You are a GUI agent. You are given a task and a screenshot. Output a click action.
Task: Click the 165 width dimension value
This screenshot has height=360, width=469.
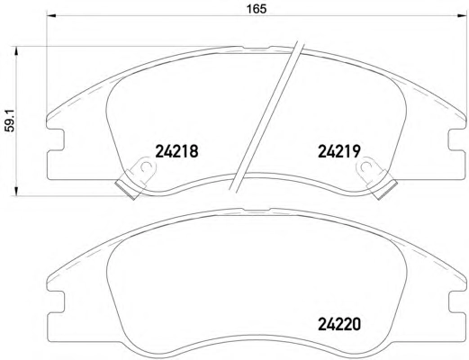[257, 9]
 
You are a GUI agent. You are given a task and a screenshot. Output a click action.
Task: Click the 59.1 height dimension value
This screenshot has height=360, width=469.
[11, 121]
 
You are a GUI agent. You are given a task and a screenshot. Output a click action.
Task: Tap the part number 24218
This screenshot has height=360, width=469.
[176, 151]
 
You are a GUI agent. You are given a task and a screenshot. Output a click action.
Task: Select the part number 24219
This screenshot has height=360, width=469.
[338, 151]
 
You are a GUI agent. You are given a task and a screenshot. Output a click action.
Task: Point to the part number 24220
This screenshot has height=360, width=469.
[339, 324]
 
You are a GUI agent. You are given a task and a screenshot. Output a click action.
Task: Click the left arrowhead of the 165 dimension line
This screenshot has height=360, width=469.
[52, 15]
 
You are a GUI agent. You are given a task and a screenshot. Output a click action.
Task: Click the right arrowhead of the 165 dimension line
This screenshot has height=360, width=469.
[462, 15]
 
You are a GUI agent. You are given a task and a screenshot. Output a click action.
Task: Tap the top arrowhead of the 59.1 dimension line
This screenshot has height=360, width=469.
[16, 51]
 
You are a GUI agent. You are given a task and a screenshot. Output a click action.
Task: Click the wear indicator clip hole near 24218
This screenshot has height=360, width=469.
[146, 166]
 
